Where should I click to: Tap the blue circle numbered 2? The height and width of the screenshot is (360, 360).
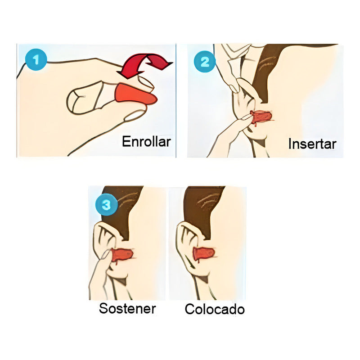click(x=205, y=61)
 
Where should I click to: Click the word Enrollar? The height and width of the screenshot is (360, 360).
click(x=146, y=142)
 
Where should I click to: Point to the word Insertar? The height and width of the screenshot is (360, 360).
click(x=312, y=144)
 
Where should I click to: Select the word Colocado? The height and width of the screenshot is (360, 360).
click(x=215, y=310)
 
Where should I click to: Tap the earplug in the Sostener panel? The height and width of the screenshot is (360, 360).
click(x=122, y=255)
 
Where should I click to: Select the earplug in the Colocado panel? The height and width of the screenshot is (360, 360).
click(x=203, y=254)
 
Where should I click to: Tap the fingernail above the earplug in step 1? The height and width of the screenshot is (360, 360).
click(x=145, y=82)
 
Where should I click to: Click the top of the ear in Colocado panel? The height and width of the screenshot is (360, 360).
click(x=184, y=227)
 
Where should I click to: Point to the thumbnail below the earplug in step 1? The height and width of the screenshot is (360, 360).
click(x=135, y=116)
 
